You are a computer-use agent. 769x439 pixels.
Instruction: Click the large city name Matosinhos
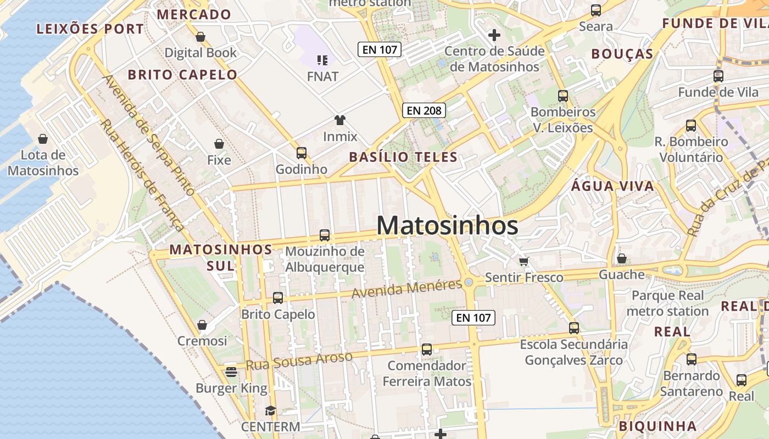click(447, 226)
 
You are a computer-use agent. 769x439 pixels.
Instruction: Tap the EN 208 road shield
click(424, 110)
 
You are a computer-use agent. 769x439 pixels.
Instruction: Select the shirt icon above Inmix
click(339, 120)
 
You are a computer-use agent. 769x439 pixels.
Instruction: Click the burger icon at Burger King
click(231, 372)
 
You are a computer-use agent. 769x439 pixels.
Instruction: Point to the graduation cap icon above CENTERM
click(270, 410)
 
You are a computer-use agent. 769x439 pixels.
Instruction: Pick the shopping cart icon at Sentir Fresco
click(523, 261)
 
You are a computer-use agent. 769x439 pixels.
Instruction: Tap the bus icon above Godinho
click(301, 153)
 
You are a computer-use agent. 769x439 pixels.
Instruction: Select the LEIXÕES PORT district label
click(90, 29)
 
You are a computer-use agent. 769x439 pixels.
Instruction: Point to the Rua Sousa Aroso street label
click(299, 361)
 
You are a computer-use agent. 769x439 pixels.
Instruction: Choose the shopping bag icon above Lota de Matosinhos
click(43, 139)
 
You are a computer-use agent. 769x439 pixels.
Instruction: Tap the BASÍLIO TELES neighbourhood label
click(403, 157)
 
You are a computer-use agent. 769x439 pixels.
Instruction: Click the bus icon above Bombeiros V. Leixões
click(562, 96)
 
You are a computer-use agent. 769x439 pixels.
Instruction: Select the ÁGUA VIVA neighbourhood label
click(612, 186)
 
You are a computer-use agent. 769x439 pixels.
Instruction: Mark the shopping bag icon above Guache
click(622, 258)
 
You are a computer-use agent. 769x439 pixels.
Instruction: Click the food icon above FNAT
click(322, 60)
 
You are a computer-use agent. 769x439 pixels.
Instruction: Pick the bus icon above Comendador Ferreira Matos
click(426, 349)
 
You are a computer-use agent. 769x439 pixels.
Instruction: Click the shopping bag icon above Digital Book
click(200, 37)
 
